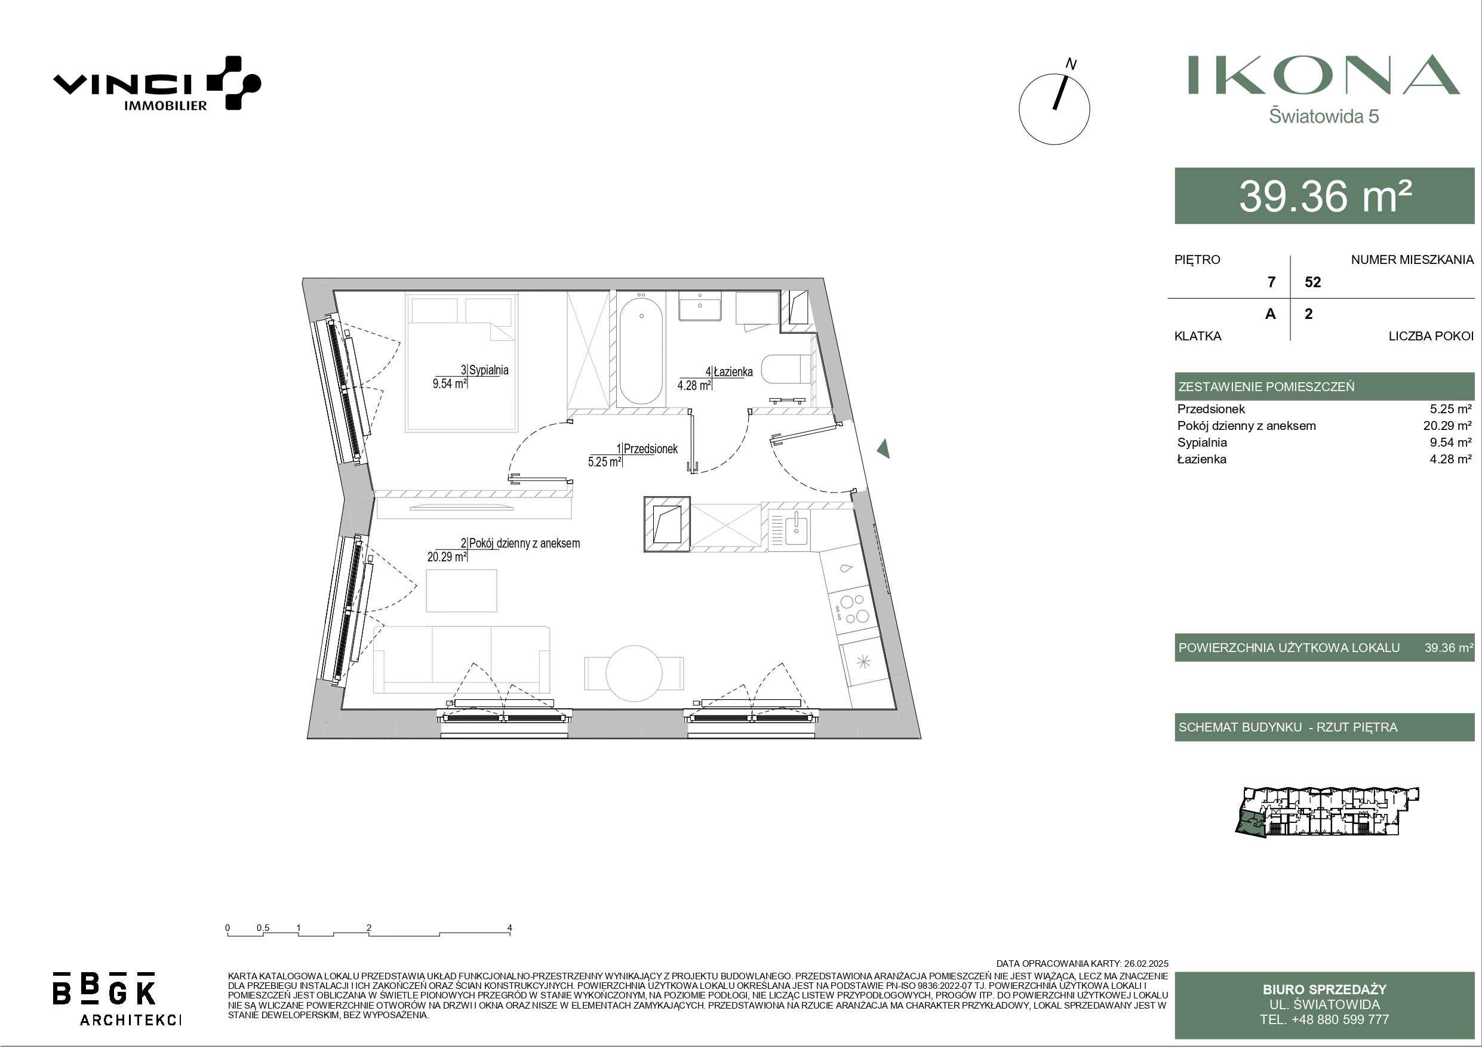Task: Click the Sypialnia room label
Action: pos(488,370)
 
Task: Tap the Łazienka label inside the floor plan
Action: pos(733,372)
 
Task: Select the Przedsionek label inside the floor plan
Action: pos(651,449)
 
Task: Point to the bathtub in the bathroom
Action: pos(640,349)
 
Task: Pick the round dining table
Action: pos(634,674)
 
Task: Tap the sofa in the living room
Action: pos(462,659)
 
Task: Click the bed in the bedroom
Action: pos(462,362)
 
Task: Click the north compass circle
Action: pos(1054,109)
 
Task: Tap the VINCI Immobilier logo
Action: pos(157,84)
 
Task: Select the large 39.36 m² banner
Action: pos(1324,196)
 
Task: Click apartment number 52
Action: pos(1313,282)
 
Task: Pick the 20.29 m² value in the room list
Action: pos(1447,426)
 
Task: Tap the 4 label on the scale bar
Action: pos(510,928)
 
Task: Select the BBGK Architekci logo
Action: pos(116,998)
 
